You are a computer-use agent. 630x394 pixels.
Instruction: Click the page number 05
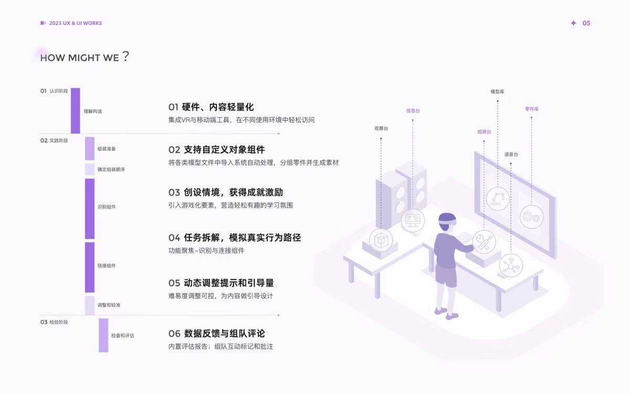pyautogui.click(x=586, y=23)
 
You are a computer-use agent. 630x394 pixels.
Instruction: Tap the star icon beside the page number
pyautogui.click(x=573, y=23)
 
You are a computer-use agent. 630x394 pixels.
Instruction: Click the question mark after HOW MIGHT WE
pyautogui.click(x=125, y=56)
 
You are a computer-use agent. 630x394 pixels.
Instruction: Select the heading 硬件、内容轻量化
pyautogui.click(x=218, y=107)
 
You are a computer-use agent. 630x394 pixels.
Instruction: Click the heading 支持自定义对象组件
pyautogui.click(x=224, y=149)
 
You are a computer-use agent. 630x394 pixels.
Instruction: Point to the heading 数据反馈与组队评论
pyautogui.click(x=225, y=334)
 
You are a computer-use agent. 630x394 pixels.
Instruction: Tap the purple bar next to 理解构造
pyautogui.click(x=76, y=111)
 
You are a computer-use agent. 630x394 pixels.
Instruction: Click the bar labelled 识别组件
pyautogui.click(x=90, y=209)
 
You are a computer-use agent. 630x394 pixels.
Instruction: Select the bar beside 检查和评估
pyautogui.click(x=103, y=335)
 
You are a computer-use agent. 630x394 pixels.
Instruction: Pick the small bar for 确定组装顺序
pyautogui.click(x=90, y=169)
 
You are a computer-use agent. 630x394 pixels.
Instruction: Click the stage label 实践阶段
pyautogui.click(x=59, y=140)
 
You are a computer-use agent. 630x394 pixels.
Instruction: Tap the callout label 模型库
pyautogui.click(x=497, y=91)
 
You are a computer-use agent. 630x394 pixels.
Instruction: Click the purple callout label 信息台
pyautogui.click(x=413, y=111)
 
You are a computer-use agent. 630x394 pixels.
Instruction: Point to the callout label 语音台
pyautogui.click(x=511, y=154)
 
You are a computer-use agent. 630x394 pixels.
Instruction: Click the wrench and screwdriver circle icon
pyautogui.click(x=484, y=242)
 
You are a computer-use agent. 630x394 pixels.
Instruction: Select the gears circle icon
pyautogui.click(x=531, y=217)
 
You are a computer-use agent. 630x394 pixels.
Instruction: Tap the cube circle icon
pyautogui.click(x=381, y=240)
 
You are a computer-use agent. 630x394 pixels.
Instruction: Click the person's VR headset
pyautogui.click(x=447, y=222)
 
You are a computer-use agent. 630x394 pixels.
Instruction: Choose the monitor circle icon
pyautogui.click(x=413, y=220)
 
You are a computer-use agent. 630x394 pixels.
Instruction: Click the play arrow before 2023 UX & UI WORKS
pyautogui.click(x=43, y=23)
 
